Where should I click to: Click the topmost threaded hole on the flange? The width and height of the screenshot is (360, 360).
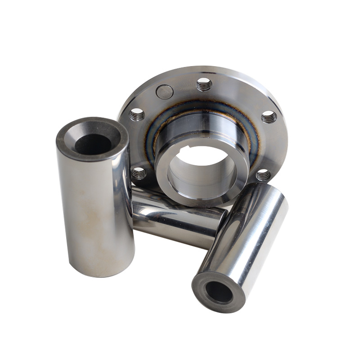coord(204,84)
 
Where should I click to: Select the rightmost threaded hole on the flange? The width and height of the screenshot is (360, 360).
coord(269,117)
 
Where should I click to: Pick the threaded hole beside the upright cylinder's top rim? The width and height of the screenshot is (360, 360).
coord(137,115)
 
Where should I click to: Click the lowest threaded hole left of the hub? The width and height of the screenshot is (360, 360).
coord(139,173)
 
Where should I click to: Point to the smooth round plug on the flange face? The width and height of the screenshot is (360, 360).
coord(165,92)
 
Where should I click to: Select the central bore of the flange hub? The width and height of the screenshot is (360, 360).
coord(202,169)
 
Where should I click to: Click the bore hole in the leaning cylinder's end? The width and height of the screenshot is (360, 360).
coord(219,292)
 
